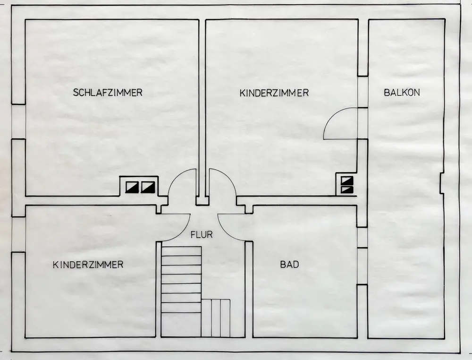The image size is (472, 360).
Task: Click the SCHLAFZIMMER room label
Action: pos(108,93)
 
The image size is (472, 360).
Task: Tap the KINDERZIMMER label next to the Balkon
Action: pos(274,93)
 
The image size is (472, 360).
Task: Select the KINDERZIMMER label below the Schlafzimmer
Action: pos(88,265)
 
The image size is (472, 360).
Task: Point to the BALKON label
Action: pos(402,93)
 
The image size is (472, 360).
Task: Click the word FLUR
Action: pos(202,234)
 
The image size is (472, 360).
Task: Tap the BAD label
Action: pos(289,265)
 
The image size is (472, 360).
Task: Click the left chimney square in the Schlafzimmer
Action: pos(131,187)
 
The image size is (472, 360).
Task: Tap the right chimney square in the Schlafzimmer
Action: pos(148,187)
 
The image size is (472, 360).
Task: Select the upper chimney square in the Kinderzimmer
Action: pos(346,180)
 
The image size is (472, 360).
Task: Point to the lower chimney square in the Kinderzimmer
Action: pos(346,189)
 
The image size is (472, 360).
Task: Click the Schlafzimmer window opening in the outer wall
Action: pos(18,121)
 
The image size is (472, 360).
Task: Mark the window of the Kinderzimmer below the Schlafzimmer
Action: pos(18,234)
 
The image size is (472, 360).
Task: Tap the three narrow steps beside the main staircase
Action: pos(216,317)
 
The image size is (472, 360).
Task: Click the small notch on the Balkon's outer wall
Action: pos(441,183)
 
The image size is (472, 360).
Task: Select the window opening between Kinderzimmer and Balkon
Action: pos(362,92)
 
